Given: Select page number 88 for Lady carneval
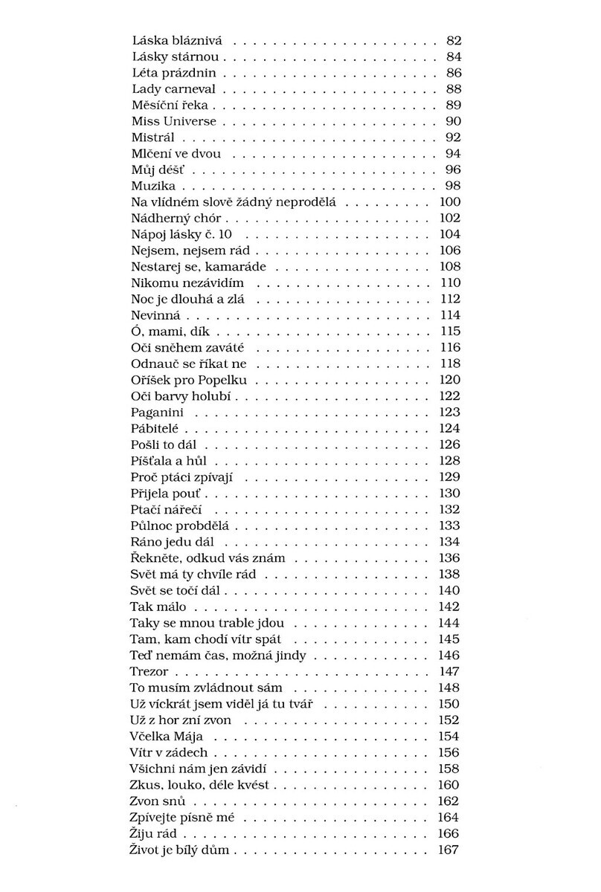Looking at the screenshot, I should coord(453,89).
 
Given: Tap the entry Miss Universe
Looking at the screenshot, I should coord(174,121).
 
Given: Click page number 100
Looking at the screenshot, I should coord(450,202).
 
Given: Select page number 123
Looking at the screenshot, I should coord(450,412).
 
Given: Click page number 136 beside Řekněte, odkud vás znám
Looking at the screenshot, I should coord(450,557).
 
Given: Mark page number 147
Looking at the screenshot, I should coord(450,670).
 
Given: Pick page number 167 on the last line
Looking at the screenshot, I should coord(450,850).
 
